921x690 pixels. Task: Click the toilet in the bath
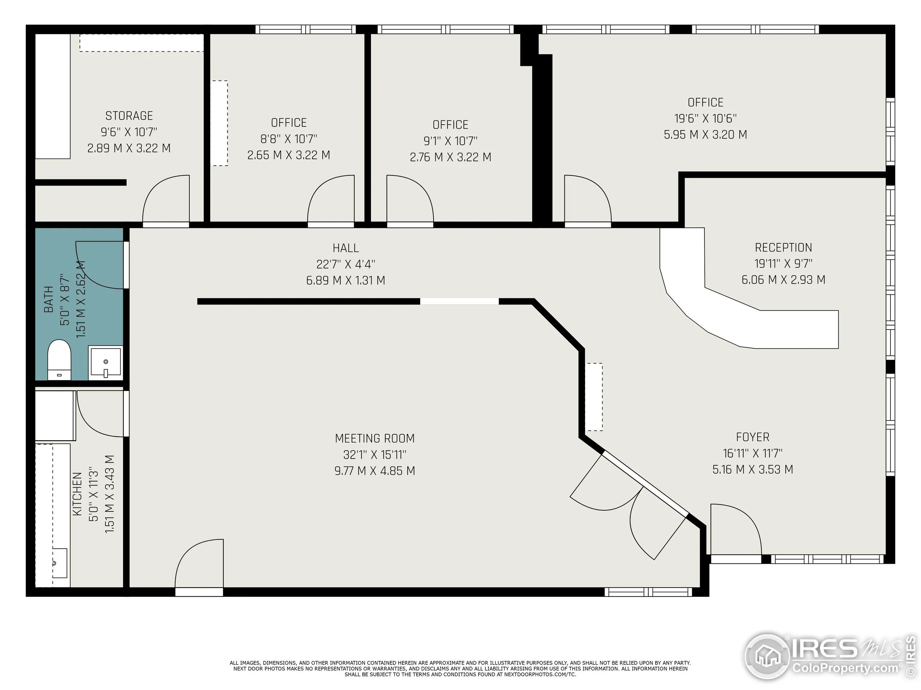[x=59, y=359]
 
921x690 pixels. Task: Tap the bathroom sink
[x=106, y=362]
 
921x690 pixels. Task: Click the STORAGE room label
[x=129, y=116]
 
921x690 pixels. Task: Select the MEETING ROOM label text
[x=375, y=438]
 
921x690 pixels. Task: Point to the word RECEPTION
[x=783, y=248]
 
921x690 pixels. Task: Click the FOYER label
[x=752, y=437]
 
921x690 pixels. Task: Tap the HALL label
[x=346, y=248]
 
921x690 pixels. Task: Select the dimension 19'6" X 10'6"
[x=706, y=119]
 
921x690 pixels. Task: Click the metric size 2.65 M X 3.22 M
[x=289, y=155]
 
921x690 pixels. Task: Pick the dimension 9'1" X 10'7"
[x=450, y=141]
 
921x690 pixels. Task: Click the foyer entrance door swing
[x=735, y=528]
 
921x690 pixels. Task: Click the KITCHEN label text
[x=77, y=494]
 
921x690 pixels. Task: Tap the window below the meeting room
[x=648, y=592]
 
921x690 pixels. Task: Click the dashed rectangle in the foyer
[x=594, y=397]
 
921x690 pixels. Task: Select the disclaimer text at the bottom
[x=460, y=668]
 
